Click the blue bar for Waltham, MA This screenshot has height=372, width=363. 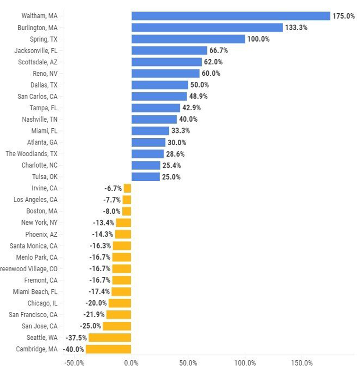231,16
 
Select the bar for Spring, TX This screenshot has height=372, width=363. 188,39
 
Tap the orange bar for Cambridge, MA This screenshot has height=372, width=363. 108,349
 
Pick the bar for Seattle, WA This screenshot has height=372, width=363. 110,337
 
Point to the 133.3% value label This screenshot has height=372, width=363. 296,27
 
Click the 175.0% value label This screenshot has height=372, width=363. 343,16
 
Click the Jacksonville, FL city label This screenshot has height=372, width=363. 40,50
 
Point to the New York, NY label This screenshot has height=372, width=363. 39,222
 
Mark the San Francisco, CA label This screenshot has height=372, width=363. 33,314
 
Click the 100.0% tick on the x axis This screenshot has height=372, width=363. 245,363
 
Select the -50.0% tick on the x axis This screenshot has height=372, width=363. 74,363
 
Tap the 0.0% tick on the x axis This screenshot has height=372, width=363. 131,363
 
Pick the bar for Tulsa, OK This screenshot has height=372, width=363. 146,177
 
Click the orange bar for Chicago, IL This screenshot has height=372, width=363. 120,303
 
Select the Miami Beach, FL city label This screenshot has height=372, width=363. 35,292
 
